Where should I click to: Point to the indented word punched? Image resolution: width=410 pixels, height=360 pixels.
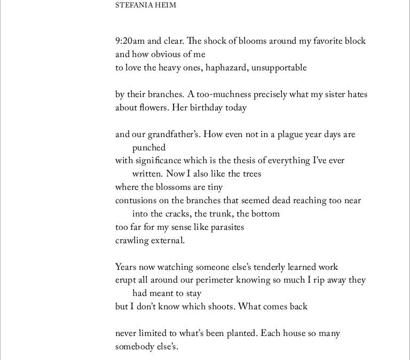coord(149,148)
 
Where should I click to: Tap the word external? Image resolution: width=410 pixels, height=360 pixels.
coord(167,240)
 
